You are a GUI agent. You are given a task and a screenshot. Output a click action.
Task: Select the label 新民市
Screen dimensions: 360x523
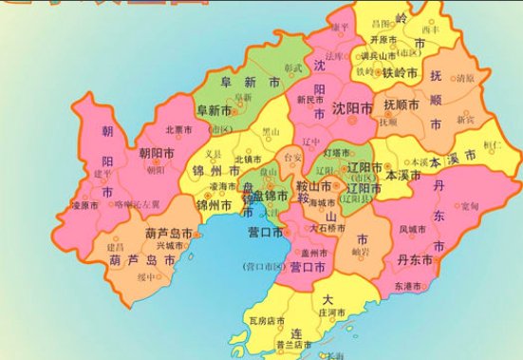point(310,100)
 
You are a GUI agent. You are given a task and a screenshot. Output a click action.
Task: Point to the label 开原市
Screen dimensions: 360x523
point(383,40)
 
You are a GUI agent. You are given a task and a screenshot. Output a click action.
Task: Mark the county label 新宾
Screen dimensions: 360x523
point(467,120)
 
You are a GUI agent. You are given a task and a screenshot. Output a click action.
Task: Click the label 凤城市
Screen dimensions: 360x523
point(414,228)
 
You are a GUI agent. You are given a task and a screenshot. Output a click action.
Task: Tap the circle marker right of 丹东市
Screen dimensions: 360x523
point(438,259)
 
